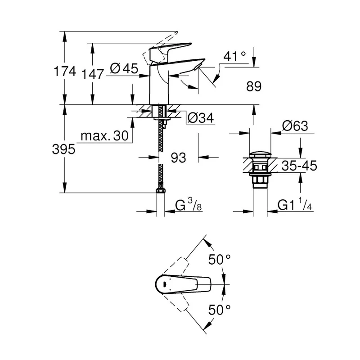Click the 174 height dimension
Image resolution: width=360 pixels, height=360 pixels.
pyautogui.click(x=65, y=71)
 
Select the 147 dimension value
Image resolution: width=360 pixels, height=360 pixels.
pyautogui.click(x=93, y=74)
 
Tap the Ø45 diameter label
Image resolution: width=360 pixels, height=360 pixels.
pyautogui.click(x=124, y=68)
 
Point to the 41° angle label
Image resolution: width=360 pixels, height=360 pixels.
pyautogui.click(x=234, y=56)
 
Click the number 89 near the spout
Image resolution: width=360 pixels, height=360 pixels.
pyautogui.click(x=254, y=86)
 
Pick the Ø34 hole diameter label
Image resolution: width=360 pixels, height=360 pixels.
pyautogui.click(x=201, y=118)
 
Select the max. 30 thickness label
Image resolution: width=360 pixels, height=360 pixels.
pyautogui.click(x=104, y=136)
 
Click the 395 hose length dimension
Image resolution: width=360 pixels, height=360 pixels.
pyautogui.click(x=63, y=149)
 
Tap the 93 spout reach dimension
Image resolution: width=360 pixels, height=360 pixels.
pyautogui.click(x=178, y=158)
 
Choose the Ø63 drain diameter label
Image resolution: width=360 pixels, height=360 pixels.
pyautogui.click(x=295, y=126)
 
